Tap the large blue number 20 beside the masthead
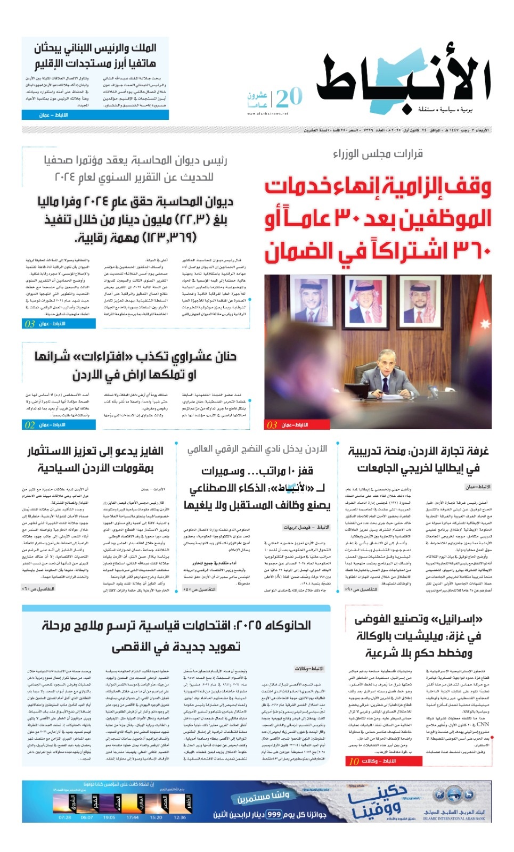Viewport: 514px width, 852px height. coord(289,98)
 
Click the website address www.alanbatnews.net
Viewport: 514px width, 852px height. coord(267,113)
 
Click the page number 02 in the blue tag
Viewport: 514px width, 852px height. coord(30,425)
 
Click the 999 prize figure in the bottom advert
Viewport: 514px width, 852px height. coord(274,815)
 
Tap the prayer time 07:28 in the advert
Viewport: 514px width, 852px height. coord(64,817)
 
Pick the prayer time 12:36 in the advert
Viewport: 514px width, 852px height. coord(180,817)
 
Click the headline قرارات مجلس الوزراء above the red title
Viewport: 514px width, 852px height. coord(378,154)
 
